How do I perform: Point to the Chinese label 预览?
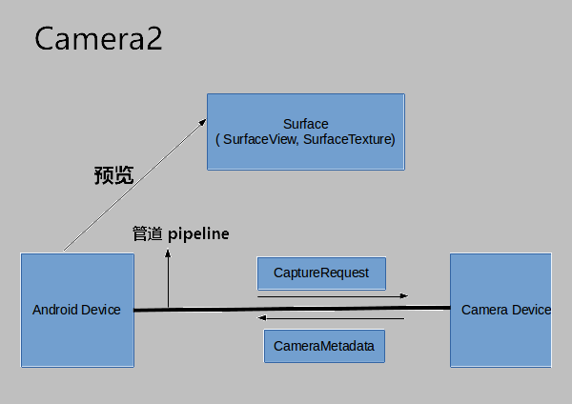click(x=113, y=175)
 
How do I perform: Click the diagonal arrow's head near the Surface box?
click(x=204, y=121)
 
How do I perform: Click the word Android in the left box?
click(x=55, y=310)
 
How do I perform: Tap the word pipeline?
click(x=198, y=233)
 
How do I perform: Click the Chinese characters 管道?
click(x=147, y=233)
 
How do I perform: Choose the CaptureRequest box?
click(x=321, y=273)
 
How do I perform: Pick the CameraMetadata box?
click(x=324, y=346)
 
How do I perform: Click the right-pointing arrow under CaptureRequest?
click(x=334, y=296)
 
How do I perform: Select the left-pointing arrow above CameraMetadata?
click(x=334, y=319)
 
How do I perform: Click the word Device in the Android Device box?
click(x=100, y=310)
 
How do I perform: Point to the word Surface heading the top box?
click(x=306, y=124)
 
